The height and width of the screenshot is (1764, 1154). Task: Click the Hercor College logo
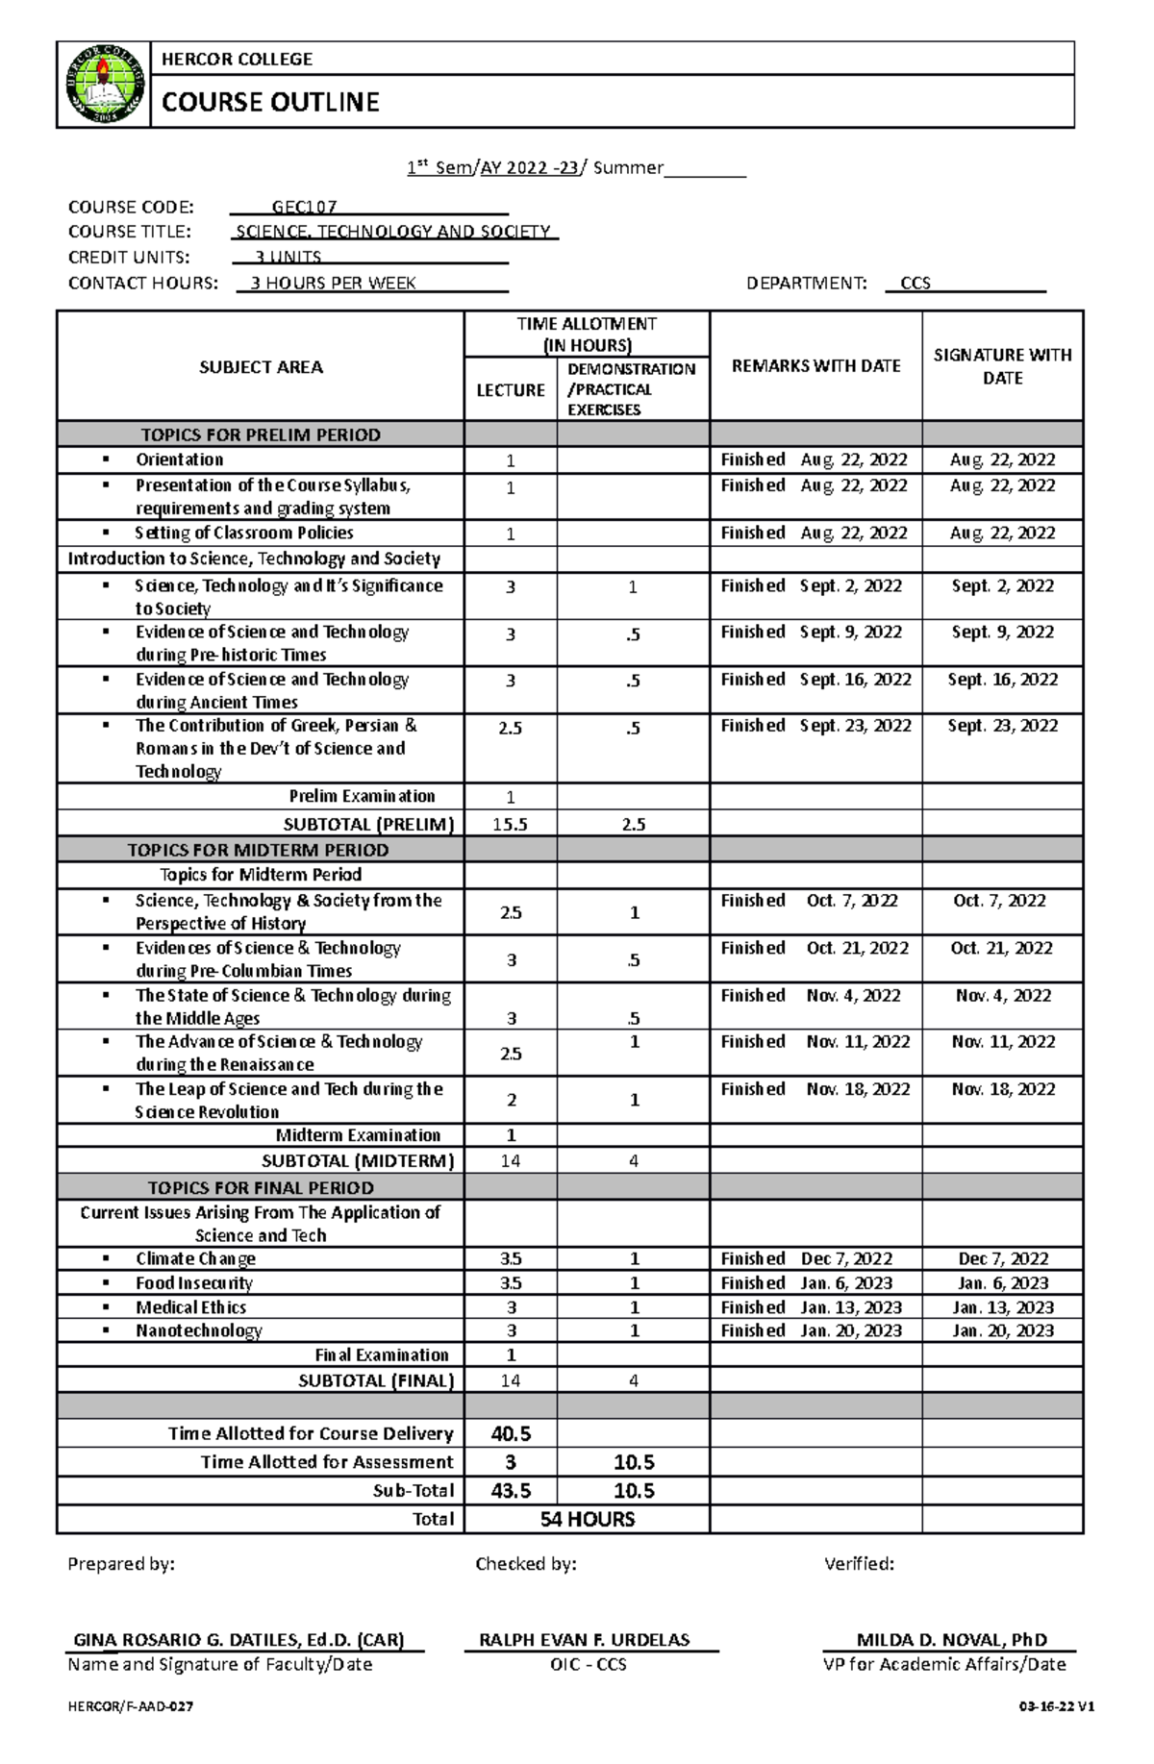(x=104, y=85)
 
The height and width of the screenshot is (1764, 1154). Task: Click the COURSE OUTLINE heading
(x=270, y=102)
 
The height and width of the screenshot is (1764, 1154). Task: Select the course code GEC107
(x=304, y=207)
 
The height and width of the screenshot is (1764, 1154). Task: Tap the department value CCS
(x=915, y=283)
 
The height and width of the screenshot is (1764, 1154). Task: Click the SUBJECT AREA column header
(x=261, y=366)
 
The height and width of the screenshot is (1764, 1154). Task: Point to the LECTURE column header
(x=511, y=389)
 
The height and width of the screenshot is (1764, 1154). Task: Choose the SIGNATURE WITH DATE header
(x=1002, y=366)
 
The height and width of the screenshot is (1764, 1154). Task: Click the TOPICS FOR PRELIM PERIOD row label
(x=261, y=435)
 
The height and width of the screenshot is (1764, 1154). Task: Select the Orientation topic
(x=179, y=460)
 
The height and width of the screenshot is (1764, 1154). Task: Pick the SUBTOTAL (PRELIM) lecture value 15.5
(x=510, y=824)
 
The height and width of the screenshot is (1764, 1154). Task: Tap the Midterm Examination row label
(x=358, y=1135)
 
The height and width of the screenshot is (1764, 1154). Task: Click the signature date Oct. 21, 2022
(x=1001, y=948)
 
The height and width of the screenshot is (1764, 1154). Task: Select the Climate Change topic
(x=195, y=1258)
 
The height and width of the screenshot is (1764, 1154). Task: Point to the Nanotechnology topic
(x=198, y=1330)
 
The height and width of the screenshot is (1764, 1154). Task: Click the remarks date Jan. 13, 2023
(x=851, y=1307)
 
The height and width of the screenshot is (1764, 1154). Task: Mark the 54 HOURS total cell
(x=587, y=1519)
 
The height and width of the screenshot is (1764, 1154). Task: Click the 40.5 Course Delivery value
(x=511, y=1433)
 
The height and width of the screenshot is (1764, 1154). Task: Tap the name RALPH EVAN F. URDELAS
(x=585, y=1639)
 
